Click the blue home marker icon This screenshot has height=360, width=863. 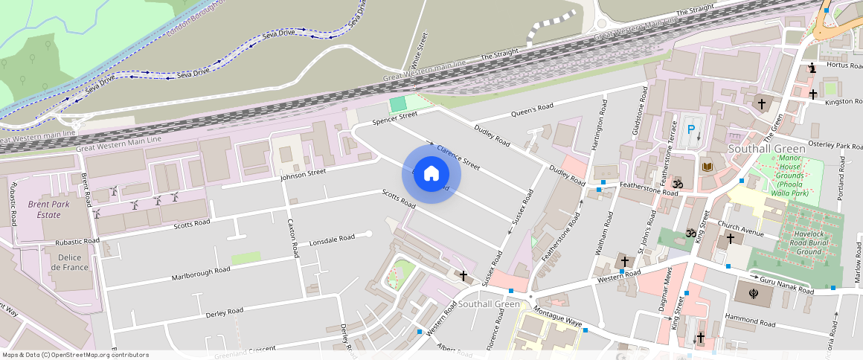[431, 174]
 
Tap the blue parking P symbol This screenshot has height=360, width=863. [691, 129]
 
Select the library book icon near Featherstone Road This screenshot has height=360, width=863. [706, 166]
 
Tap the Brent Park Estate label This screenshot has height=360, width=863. [45, 209]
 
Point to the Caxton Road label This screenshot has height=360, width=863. [295, 238]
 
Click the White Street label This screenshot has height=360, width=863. [420, 49]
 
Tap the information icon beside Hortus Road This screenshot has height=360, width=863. [812, 68]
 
